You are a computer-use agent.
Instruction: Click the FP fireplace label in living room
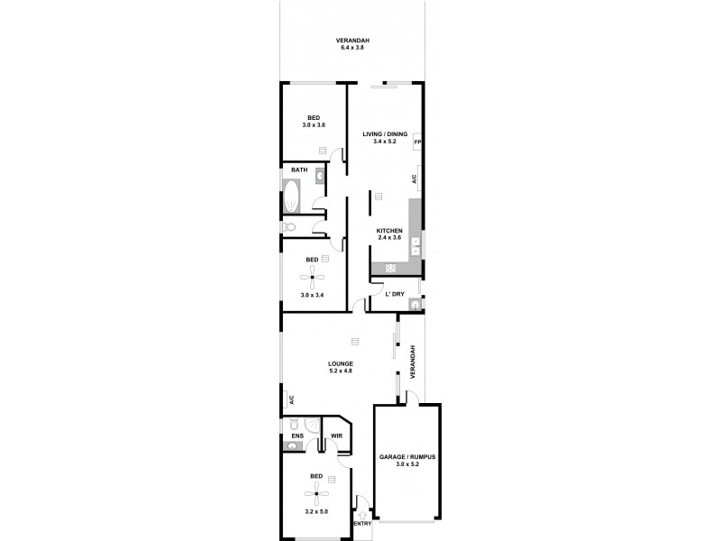pyautogui.click(x=417, y=142)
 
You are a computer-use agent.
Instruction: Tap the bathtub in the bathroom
pyautogui.click(x=293, y=195)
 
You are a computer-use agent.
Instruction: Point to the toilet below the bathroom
pyautogui.click(x=291, y=226)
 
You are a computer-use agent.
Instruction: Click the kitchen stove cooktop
pyautogui.click(x=392, y=268)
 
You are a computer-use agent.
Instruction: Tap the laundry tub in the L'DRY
pyautogui.click(x=414, y=304)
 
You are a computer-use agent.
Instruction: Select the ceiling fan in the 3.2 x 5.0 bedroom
pyautogui.click(x=315, y=492)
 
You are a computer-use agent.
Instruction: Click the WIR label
pyautogui.click(x=336, y=436)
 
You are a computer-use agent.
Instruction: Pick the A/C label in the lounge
pyautogui.click(x=291, y=399)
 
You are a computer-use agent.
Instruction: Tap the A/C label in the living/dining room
pyautogui.click(x=414, y=178)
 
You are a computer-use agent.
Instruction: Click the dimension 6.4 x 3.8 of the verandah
pyautogui.click(x=354, y=47)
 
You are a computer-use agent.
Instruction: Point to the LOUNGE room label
pyautogui.click(x=339, y=363)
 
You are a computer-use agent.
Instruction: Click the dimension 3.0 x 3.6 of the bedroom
pyautogui.click(x=314, y=125)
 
